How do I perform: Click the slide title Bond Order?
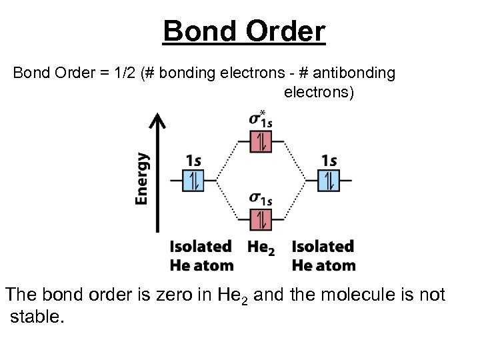coord(244,31)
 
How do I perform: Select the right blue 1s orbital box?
coord(328,180)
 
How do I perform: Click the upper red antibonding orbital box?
coord(261,141)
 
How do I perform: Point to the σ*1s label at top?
coord(261,119)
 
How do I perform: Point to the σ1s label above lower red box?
coord(261,198)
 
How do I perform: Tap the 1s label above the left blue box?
coord(194,161)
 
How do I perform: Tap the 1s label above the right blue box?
coord(329,161)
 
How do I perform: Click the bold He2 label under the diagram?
coord(261,247)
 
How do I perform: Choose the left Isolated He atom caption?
coord(201,256)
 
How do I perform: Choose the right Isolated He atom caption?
coord(323,256)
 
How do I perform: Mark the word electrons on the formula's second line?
coord(318,92)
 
